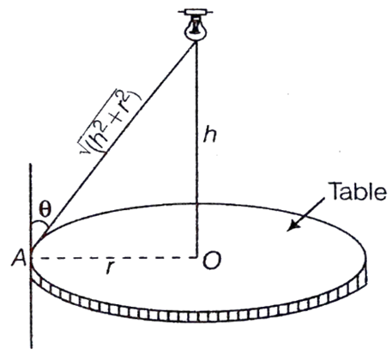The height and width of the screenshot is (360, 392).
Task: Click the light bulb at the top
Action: [196, 29]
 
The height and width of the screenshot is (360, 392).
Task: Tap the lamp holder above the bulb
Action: [196, 12]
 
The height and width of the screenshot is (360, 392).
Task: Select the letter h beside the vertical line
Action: [209, 135]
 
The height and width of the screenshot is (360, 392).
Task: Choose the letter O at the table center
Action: [212, 261]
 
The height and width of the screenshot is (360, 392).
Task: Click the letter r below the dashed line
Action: [109, 268]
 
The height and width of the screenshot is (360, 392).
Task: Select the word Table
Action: [358, 191]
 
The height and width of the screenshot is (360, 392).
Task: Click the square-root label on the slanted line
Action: [111, 122]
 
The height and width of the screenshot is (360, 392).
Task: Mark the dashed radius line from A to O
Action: [115, 258]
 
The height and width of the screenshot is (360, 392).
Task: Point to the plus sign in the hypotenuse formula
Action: [118, 119]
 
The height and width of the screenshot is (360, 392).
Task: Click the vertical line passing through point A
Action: [31, 255]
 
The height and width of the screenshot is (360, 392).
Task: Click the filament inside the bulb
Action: [196, 27]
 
